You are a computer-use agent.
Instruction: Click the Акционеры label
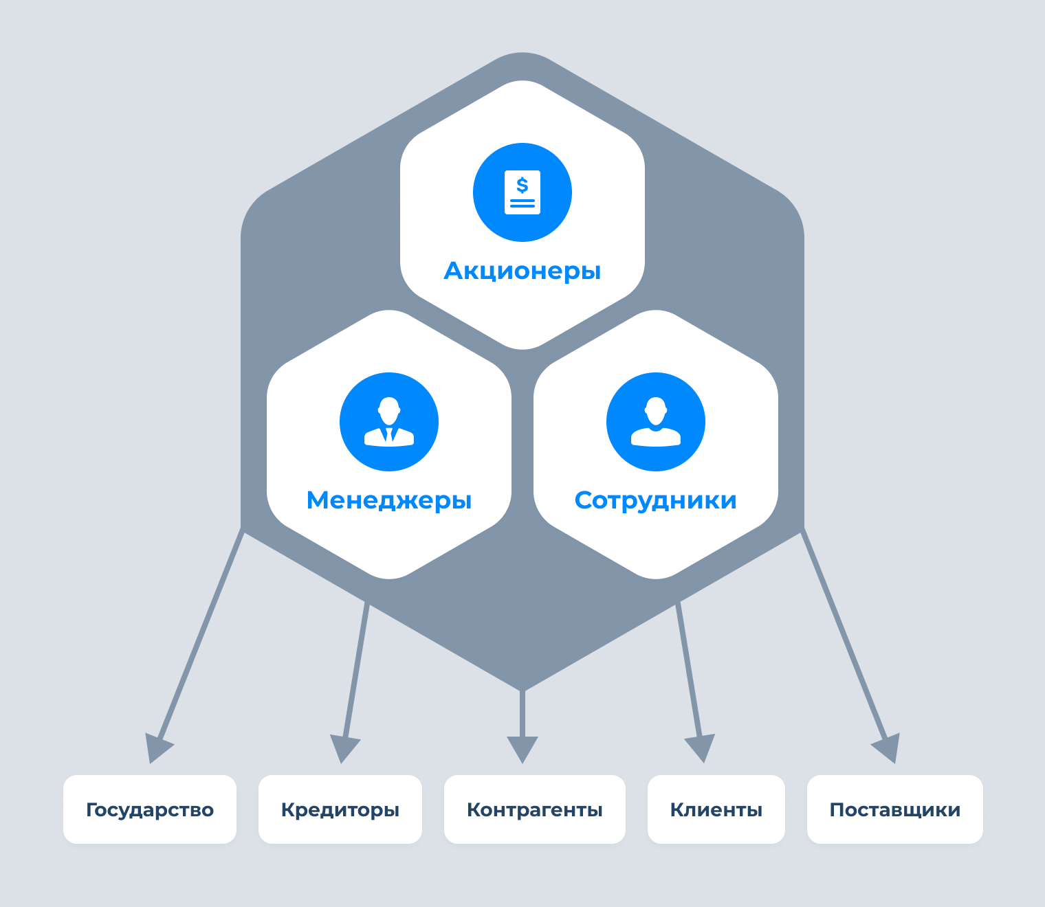(x=522, y=271)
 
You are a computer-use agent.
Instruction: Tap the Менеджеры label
(x=389, y=500)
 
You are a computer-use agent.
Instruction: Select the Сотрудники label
(x=655, y=500)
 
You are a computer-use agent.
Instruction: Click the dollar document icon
(x=522, y=192)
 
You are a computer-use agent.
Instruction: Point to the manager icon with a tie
(x=389, y=422)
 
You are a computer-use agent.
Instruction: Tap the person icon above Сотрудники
(x=656, y=422)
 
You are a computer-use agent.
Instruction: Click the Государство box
(x=150, y=809)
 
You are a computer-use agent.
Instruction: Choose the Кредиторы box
(x=340, y=809)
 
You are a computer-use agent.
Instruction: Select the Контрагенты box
(x=535, y=809)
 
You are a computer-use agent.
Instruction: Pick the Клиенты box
(x=716, y=809)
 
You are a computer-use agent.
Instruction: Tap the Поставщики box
(x=895, y=809)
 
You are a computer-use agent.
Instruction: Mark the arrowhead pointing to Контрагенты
(x=522, y=749)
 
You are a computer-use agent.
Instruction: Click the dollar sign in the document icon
(x=522, y=185)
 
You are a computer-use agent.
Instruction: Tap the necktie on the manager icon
(x=390, y=434)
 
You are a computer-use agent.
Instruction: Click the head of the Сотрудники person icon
(x=656, y=410)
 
